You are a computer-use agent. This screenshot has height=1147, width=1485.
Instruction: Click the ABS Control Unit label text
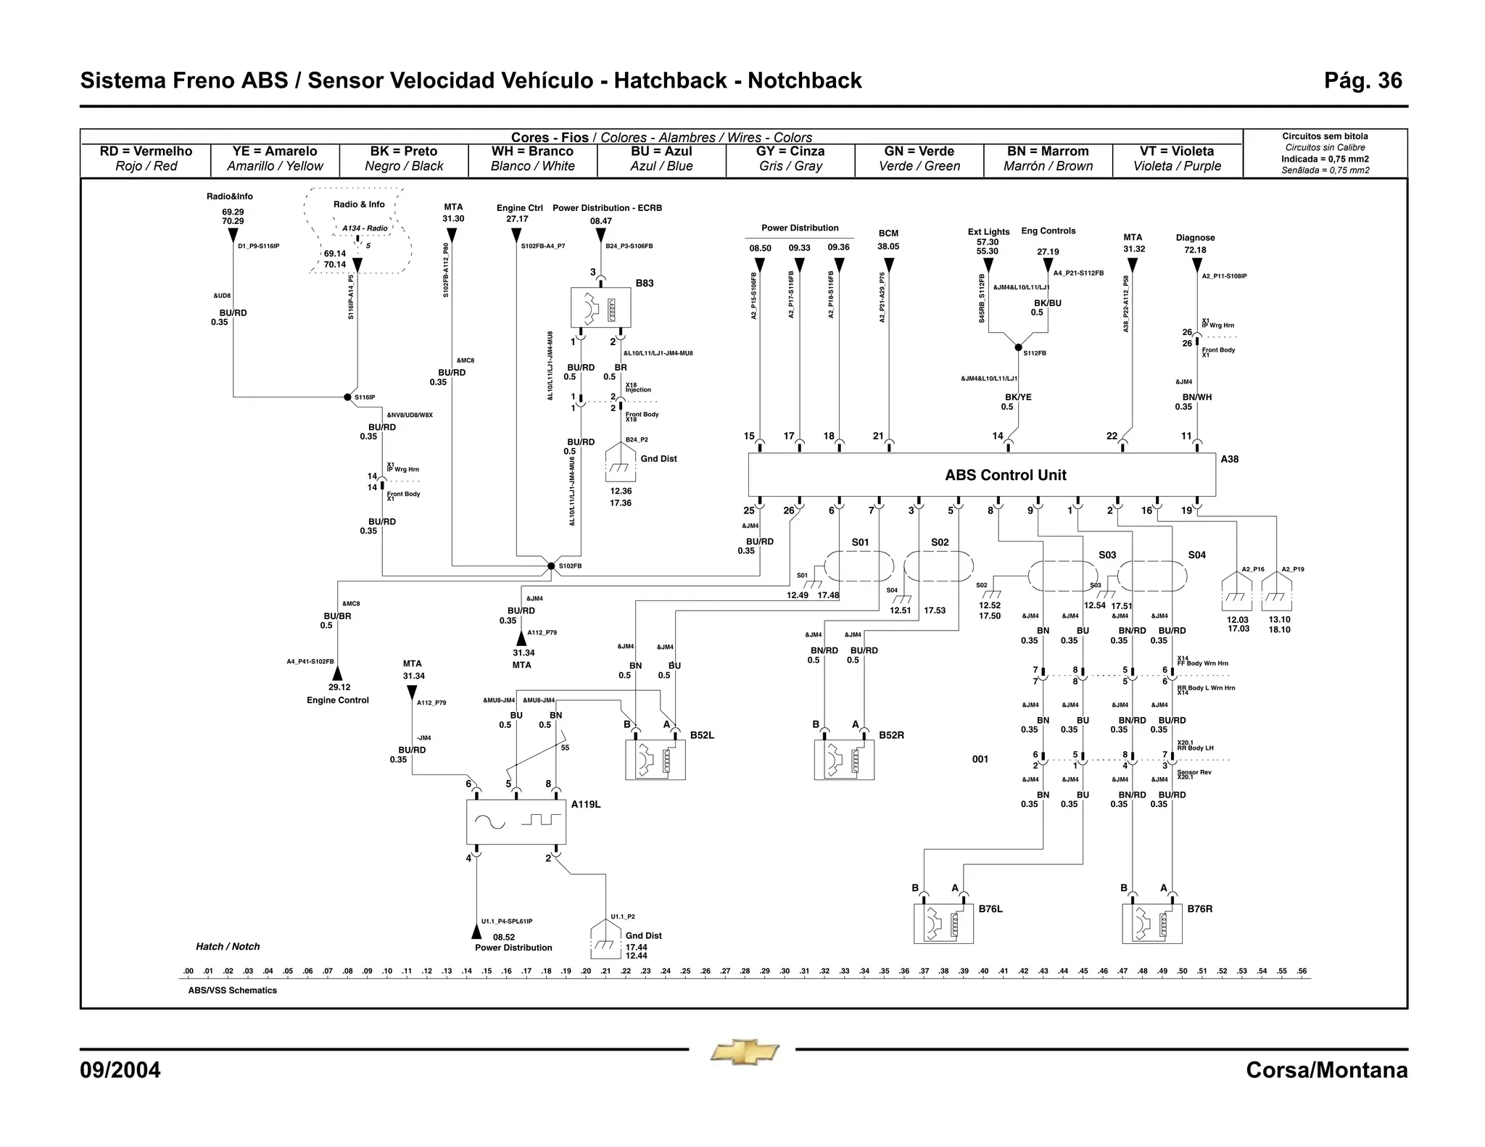click(x=1005, y=475)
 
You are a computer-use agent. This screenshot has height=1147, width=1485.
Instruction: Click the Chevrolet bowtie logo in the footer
click(x=744, y=1052)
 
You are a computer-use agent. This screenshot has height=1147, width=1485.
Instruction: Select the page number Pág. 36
click(x=1362, y=80)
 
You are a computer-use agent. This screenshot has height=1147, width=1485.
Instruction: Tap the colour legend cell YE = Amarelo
click(x=275, y=159)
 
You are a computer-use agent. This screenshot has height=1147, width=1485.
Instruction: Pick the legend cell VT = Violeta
click(x=1177, y=159)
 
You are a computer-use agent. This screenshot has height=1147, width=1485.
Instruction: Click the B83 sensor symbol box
click(x=600, y=308)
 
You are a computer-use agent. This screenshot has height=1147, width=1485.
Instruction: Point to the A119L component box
click(x=516, y=822)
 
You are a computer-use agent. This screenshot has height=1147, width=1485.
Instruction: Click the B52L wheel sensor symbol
click(x=655, y=759)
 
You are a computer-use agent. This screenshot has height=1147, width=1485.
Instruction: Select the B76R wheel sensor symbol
click(x=1151, y=923)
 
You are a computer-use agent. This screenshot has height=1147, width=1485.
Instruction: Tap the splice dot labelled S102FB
click(x=551, y=566)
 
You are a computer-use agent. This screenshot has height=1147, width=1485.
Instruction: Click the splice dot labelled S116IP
click(x=347, y=397)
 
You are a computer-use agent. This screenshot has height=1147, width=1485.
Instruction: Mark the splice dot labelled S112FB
click(x=1018, y=347)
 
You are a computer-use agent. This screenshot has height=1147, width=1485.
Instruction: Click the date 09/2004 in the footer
click(x=120, y=1070)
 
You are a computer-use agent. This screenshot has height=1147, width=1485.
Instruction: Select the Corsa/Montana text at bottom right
click(x=1326, y=1070)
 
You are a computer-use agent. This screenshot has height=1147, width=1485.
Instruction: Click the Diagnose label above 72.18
click(x=1195, y=238)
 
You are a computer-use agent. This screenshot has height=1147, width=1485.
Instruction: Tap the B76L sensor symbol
click(x=943, y=923)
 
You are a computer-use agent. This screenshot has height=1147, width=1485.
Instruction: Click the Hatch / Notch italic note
click(x=228, y=946)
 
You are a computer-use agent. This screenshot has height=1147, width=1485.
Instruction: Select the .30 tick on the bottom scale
click(x=785, y=972)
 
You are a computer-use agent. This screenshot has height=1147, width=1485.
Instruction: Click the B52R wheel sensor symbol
click(x=844, y=759)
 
